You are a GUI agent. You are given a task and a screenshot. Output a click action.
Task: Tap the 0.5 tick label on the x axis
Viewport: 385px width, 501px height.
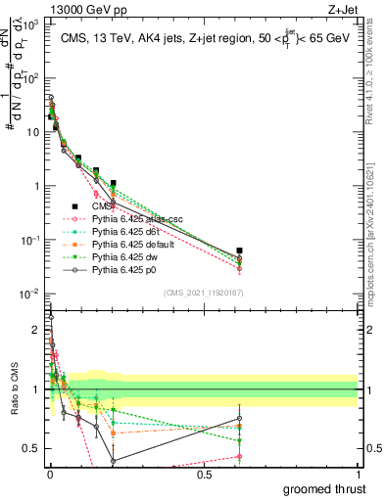pos(204,475)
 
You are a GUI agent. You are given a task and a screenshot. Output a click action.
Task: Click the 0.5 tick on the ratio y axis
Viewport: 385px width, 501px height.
pos(32,449)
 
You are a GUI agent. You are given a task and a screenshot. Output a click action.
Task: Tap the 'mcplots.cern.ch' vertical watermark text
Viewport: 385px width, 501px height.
pos(376,245)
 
